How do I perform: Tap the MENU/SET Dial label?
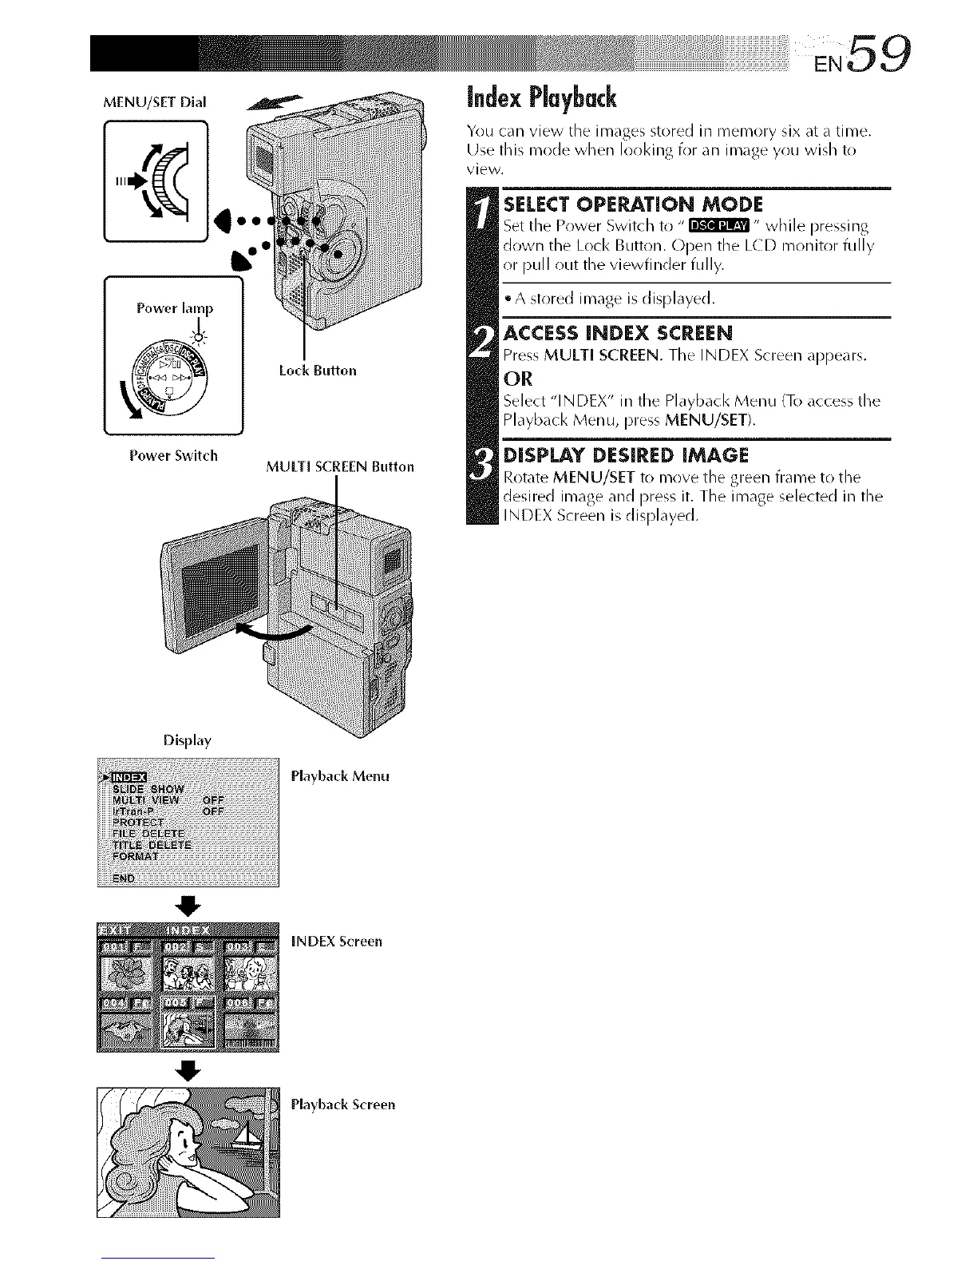pos(155,101)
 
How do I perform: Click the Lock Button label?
pos(318,371)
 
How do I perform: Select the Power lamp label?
pos(175,308)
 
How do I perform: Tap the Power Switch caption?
pos(173,456)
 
